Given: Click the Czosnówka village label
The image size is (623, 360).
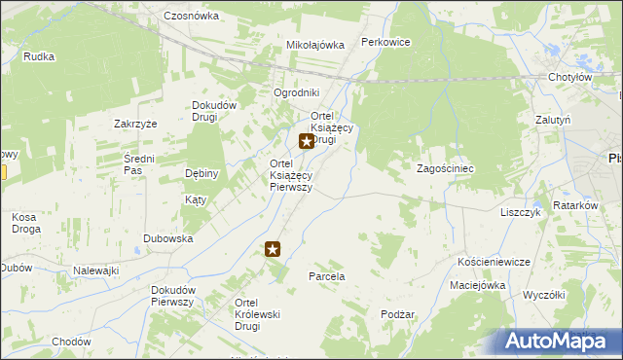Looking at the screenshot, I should point(191,17).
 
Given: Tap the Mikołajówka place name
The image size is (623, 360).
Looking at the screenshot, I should point(315,45).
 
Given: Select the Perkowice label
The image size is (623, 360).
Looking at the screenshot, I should point(385,42).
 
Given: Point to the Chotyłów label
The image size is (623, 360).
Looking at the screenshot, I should point(569,77).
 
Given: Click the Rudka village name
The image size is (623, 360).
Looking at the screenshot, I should point(38,56).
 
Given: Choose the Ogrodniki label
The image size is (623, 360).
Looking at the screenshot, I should point(296,92).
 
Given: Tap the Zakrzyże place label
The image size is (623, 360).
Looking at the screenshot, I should point(135,124).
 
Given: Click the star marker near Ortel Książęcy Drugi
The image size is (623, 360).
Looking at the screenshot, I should point(307,141).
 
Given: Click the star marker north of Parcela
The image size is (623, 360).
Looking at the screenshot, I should point(274,249).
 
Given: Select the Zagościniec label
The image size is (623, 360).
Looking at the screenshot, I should point(445,168).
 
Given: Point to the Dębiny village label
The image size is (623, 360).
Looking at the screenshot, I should point(202,173).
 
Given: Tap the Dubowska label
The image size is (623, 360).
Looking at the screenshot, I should point(167,238).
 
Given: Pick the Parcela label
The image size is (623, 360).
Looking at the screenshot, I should point(326,276).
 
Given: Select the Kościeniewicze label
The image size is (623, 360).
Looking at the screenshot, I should point(494,263).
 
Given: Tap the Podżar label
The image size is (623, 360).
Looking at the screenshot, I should point(398,314).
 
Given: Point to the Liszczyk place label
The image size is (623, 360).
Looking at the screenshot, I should point(520,212).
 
